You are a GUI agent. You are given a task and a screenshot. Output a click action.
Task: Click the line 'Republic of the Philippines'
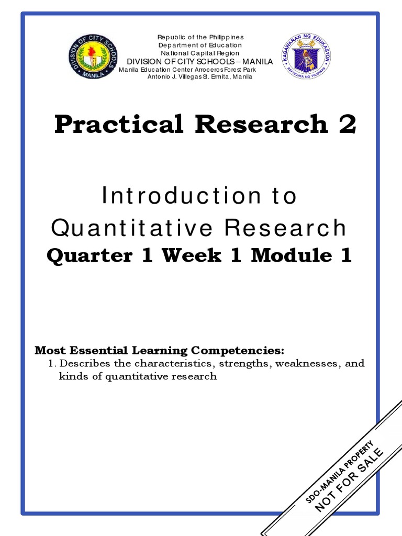200,37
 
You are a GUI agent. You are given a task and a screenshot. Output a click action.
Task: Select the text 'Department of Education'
200,45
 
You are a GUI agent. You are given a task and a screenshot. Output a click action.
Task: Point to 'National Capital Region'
200,53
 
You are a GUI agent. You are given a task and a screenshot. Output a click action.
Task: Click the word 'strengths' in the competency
242,363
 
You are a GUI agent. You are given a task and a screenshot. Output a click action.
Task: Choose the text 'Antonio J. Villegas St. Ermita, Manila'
200,76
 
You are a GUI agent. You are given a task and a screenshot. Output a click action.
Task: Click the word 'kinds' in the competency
70,376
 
